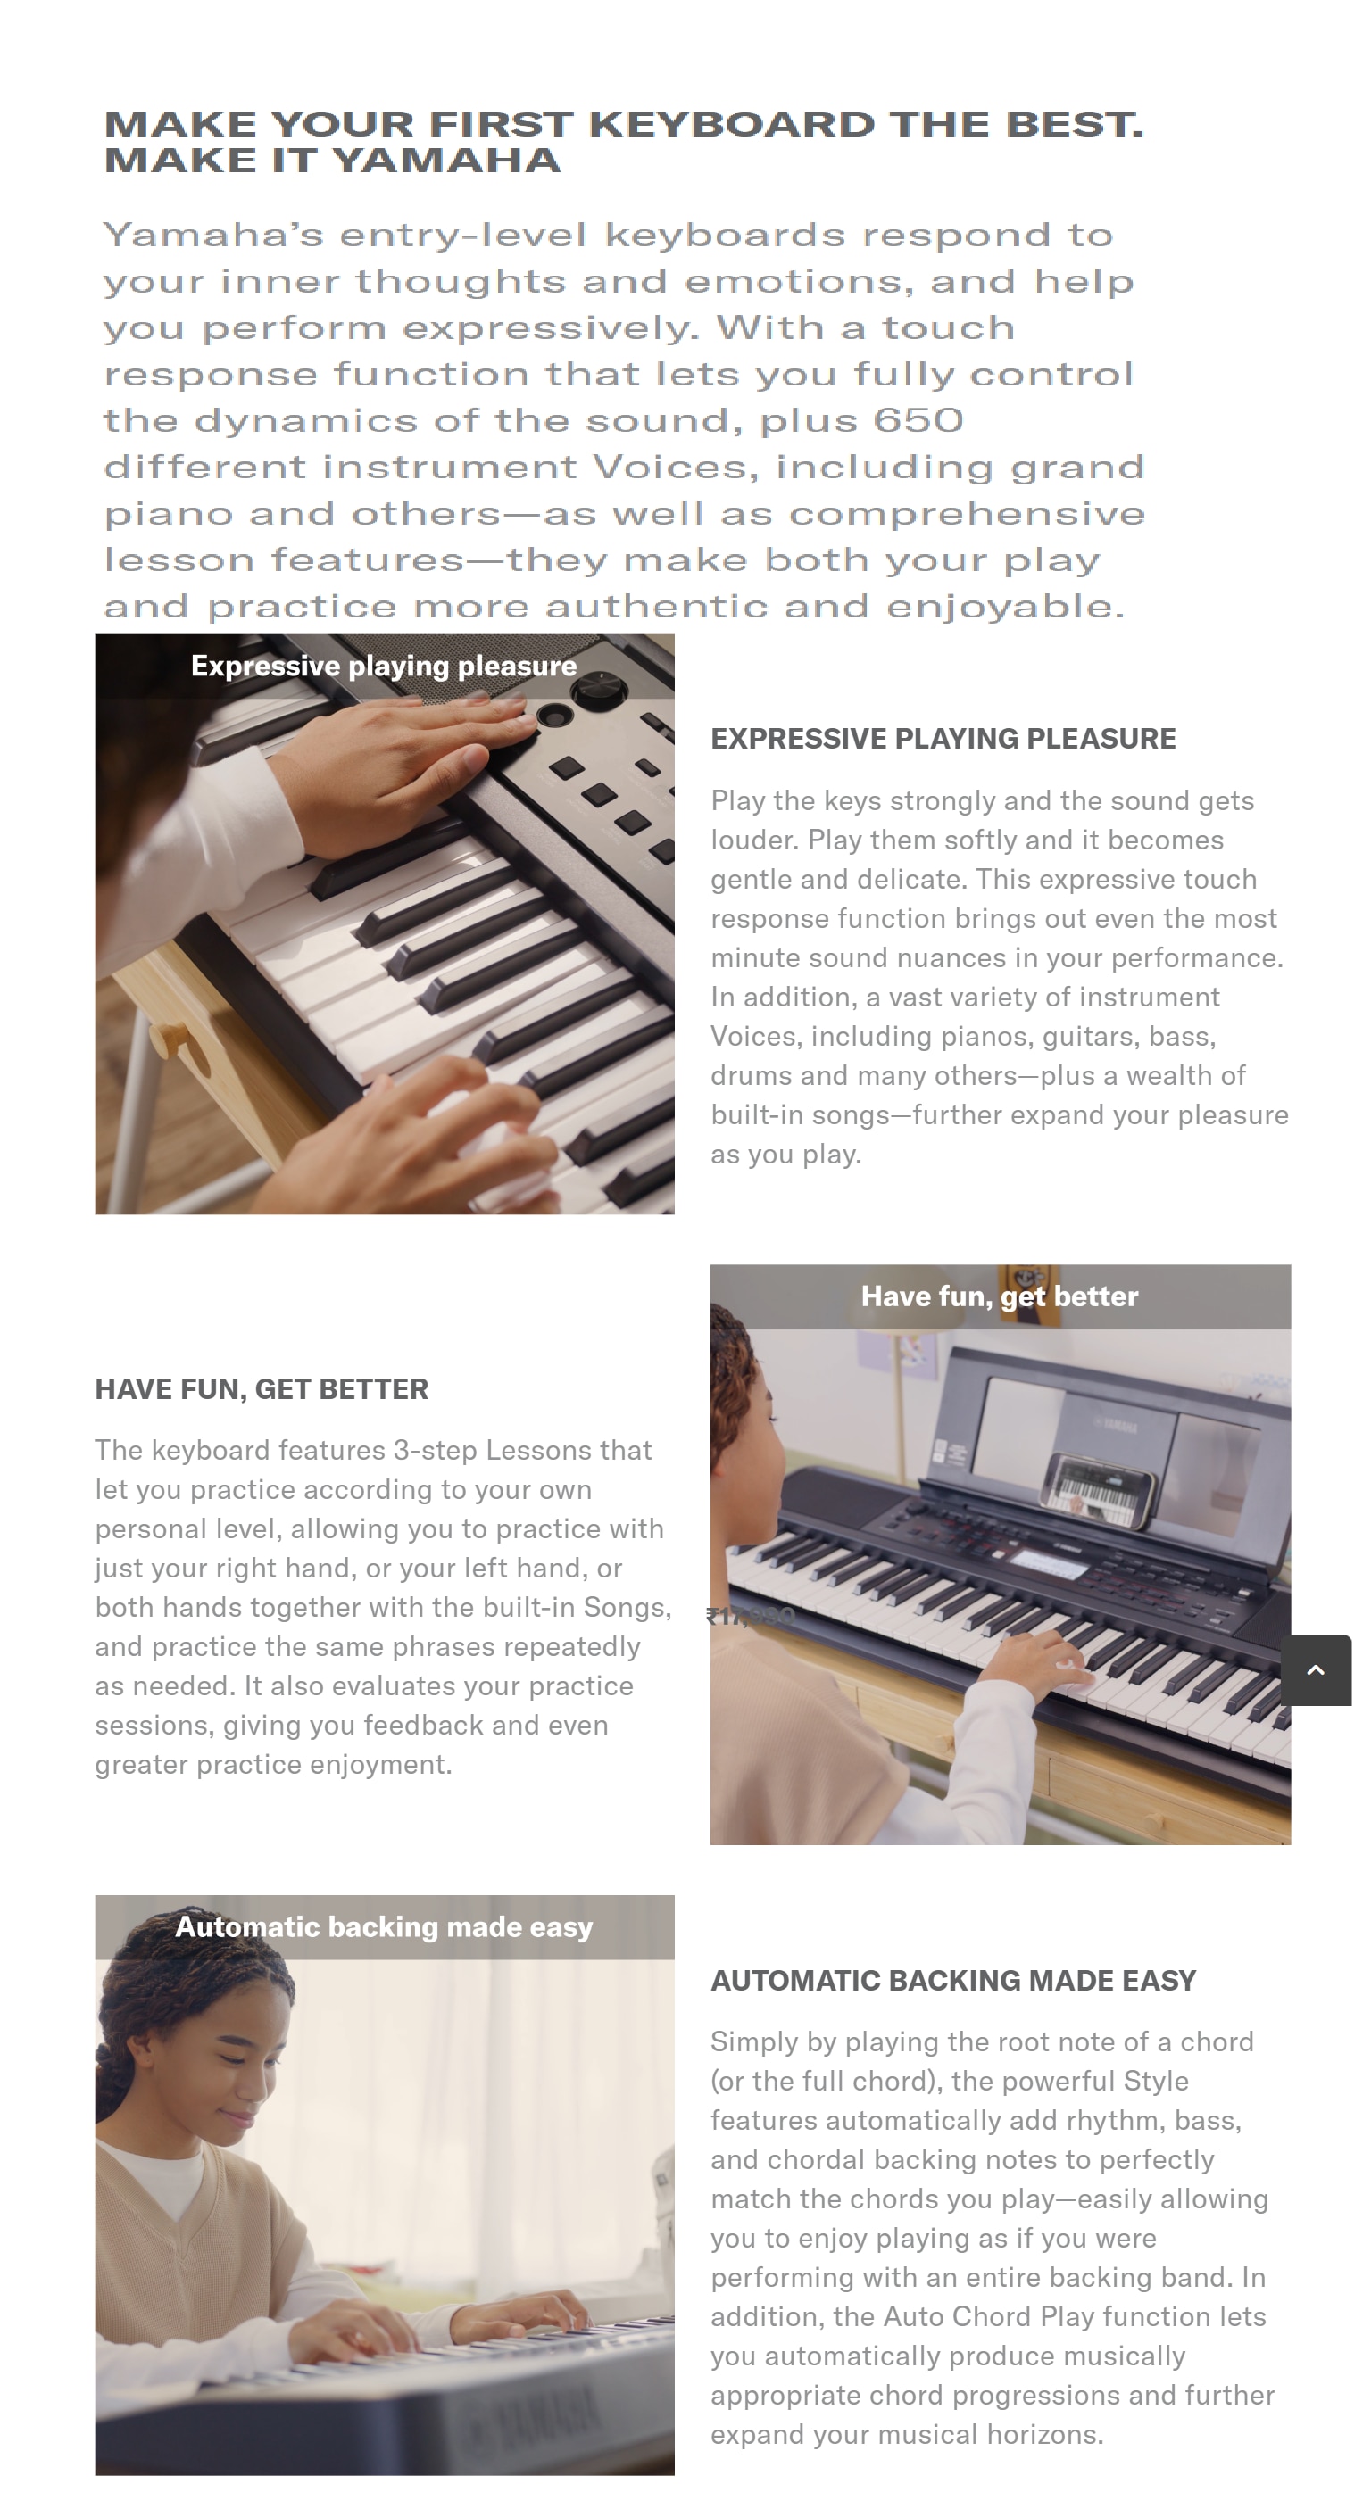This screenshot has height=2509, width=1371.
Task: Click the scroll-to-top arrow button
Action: (x=1316, y=1669)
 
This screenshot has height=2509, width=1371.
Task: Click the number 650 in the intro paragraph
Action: (x=918, y=419)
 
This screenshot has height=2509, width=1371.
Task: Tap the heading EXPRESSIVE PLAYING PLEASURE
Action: (x=943, y=738)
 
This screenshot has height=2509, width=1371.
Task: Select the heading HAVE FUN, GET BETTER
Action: (x=262, y=1389)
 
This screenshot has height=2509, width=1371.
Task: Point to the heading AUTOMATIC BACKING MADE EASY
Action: (x=953, y=1980)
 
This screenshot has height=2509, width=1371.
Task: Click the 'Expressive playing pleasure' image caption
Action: (x=384, y=667)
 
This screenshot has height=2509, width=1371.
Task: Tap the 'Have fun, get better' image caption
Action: (x=1000, y=1296)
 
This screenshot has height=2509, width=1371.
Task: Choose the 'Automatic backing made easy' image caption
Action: (x=384, y=1926)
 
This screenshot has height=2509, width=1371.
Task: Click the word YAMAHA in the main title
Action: (x=447, y=160)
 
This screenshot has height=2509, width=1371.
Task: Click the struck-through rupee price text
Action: (x=751, y=1617)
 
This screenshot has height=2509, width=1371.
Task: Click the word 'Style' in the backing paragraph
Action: (x=1156, y=2081)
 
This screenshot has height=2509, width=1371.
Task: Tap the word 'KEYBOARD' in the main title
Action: (x=732, y=124)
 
